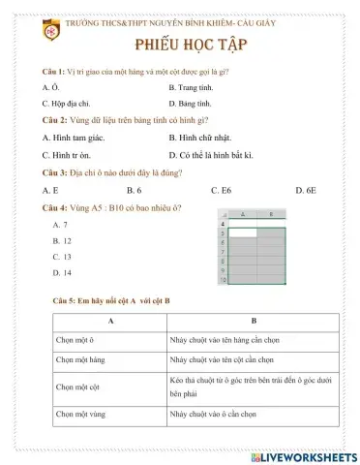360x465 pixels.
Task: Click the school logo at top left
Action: (x=50, y=31)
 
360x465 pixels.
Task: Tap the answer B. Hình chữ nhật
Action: (x=203, y=138)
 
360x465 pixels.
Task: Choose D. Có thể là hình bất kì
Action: (x=210, y=154)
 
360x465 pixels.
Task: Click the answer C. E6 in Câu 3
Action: (x=221, y=191)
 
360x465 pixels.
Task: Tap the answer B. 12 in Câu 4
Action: (x=62, y=240)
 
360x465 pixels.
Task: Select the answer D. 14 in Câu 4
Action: (x=62, y=273)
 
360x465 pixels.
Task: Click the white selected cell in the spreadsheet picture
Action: (x=245, y=233)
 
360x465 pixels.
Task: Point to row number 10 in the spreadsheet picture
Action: (x=225, y=280)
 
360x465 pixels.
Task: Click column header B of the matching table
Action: (x=253, y=321)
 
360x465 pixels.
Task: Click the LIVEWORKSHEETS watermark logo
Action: (x=302, y=455)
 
